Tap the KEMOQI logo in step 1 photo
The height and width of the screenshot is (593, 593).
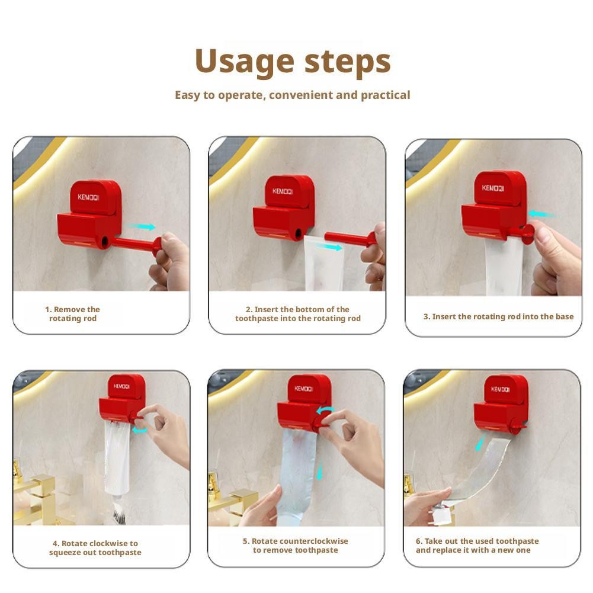coord(88,197)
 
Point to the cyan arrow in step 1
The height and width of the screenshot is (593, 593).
coord(142,226)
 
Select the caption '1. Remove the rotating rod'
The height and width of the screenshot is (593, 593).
coord(73,314)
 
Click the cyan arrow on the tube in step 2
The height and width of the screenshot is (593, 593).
coord(328,247)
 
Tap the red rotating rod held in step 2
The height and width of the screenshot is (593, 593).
coord(351,238)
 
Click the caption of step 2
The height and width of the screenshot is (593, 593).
coord(297,314)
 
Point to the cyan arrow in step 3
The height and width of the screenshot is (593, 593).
coord(541,214)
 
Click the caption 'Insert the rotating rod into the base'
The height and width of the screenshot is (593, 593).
coord(503,316)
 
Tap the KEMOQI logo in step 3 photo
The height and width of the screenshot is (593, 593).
coord(493,188)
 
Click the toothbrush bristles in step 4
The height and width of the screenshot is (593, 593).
coord(118,517)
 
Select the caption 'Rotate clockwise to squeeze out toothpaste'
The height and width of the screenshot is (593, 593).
coord(95,547)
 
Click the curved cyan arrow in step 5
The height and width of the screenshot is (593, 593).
coord(325,411)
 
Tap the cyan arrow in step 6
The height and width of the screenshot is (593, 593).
coord(480,443)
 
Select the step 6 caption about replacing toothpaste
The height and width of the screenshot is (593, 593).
coord(477,546)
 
